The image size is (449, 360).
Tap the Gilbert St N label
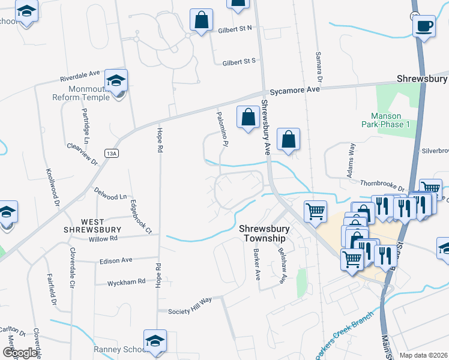tap(235, 28)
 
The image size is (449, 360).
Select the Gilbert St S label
tap(239, 61)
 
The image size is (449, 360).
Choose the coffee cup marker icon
tap(424, 26)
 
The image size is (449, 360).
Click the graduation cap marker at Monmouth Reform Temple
tap(116, 80)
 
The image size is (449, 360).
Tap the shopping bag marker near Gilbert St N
tap(202, 20)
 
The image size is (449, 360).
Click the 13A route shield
tap(110, 152)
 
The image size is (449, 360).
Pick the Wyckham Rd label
tap(126, 281)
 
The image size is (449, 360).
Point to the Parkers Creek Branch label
tap(345, 340)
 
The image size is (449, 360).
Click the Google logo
tap(20, 353)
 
